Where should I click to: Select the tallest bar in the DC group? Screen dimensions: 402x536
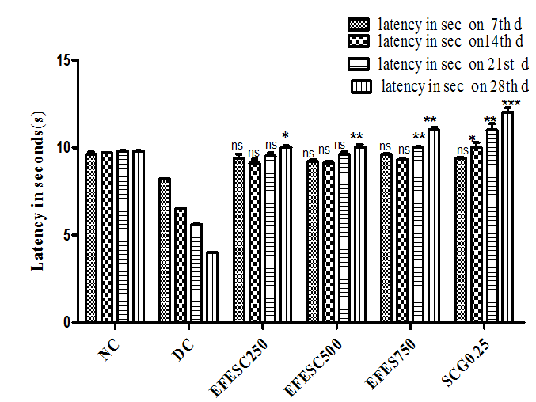164,250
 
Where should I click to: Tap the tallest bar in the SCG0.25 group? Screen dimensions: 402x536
507,218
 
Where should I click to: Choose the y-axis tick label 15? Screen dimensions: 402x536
62,60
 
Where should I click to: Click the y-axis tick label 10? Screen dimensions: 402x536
62,148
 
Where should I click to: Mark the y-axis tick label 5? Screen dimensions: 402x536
65,235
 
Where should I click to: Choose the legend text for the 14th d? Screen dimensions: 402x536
450,40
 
